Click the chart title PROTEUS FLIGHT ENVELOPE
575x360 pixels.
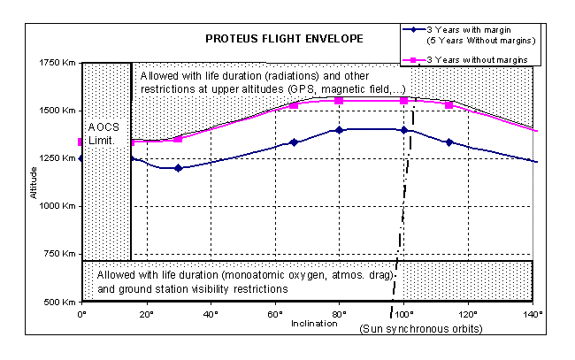pos(276,41)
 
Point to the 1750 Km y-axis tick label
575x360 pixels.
pos(59,63)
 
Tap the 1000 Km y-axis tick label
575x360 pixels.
pos(59,206)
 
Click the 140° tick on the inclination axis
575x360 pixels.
pos(533,313)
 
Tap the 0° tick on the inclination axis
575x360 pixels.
pos(82,313)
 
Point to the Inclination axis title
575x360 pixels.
pos(314,323)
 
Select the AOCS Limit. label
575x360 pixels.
pos(104,134)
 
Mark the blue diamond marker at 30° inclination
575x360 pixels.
pos(179,168)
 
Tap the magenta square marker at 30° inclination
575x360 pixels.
pos(179,139)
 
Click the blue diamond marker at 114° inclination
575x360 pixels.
pos(449,142)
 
